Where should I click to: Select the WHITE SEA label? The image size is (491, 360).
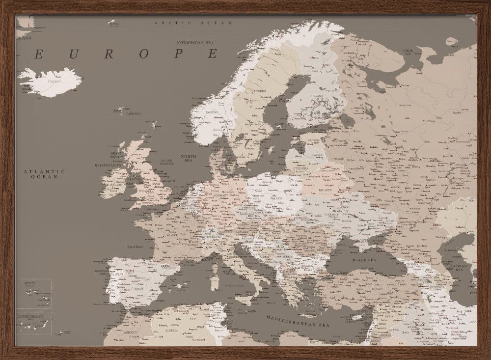pyautogui.click(x=408, y=51)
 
